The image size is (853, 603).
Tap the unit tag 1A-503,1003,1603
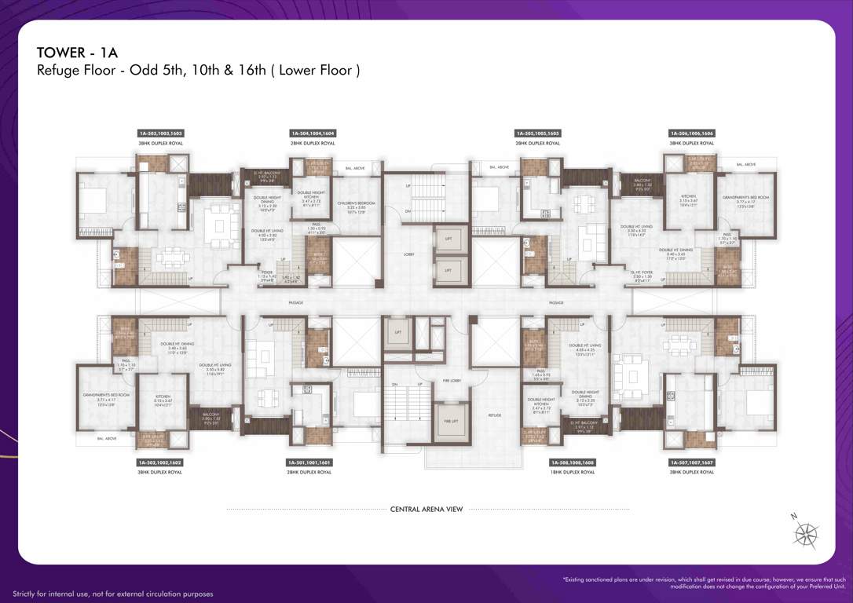click(x=161, y=133)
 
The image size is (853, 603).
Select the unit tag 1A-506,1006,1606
click(x=692, y=133)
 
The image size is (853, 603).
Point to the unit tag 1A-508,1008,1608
click(x=572, y=463)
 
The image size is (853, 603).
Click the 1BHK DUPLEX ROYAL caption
click(x=572, y=473)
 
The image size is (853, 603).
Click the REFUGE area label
click(x=495, y=415)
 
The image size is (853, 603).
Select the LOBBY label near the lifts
click(x=408, y=254)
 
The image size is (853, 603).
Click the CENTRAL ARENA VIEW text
click(x=426, y=510)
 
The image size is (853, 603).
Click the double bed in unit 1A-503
click(x=95, y=202)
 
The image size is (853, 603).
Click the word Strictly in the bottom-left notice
click(x=26, y=594)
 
